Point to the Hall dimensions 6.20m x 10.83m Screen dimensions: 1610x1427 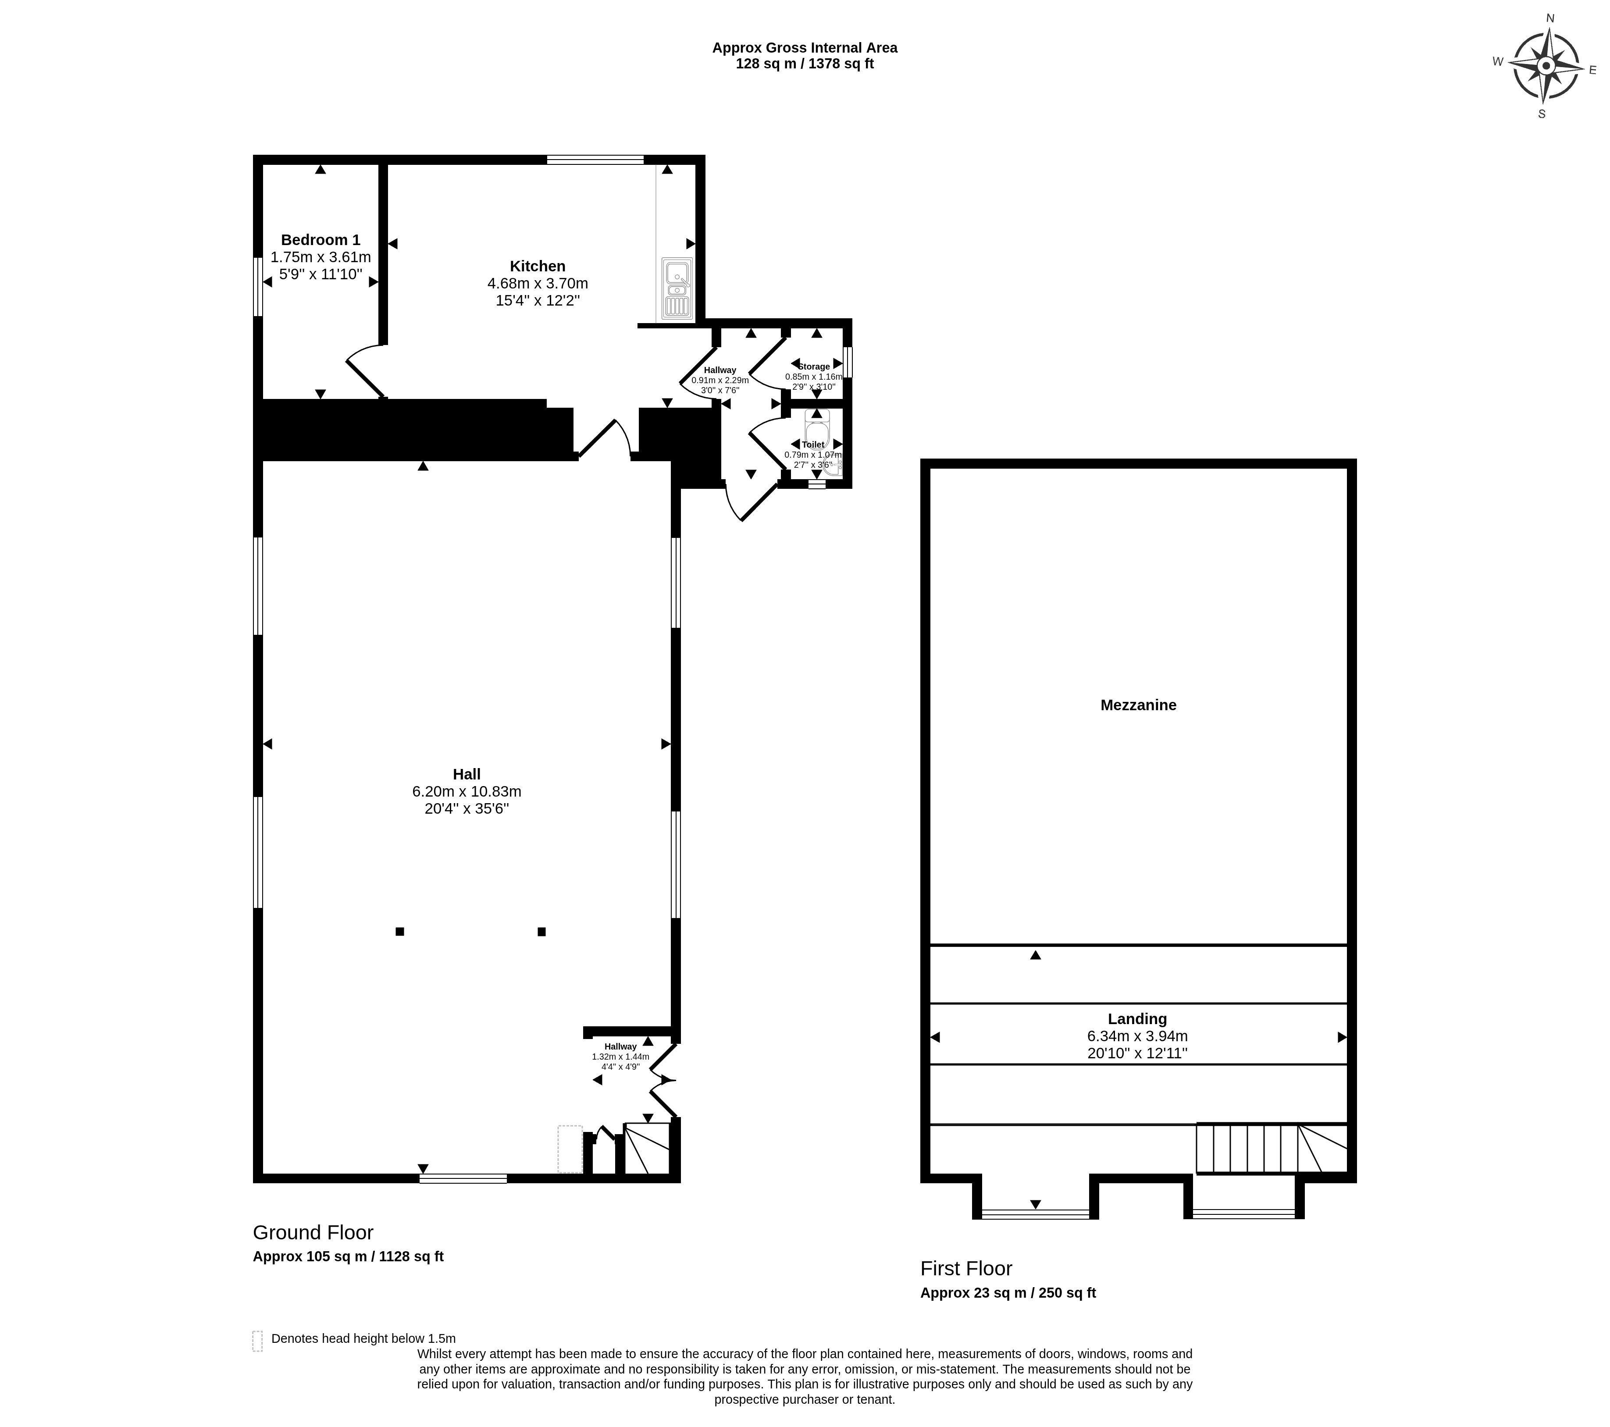pos(467,791)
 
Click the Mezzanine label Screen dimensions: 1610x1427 pos(1138,705)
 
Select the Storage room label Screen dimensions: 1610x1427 pos(814,366)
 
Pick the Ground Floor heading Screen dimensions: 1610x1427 pos(313,1232)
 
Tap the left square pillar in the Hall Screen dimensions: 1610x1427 pos(400,932)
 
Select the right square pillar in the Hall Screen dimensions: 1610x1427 pos(542,932)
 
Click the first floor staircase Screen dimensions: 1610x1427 pos(1272,1148)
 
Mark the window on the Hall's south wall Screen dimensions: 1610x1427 pos(463,1179)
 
